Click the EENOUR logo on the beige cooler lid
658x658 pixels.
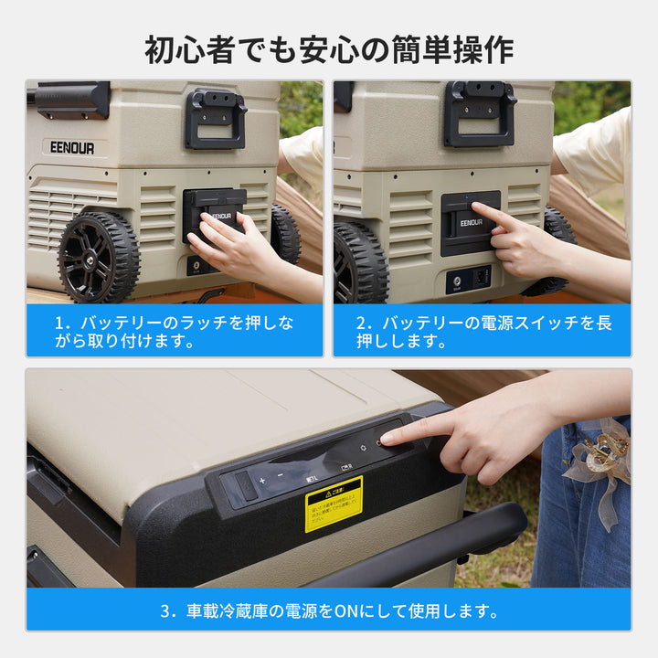71,148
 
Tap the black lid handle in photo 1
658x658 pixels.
216,118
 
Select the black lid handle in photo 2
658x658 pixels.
479,113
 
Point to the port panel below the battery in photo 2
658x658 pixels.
469,277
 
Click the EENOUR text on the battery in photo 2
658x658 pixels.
472,222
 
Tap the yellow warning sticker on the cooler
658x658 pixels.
334,503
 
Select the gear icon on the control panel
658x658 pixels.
362,447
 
